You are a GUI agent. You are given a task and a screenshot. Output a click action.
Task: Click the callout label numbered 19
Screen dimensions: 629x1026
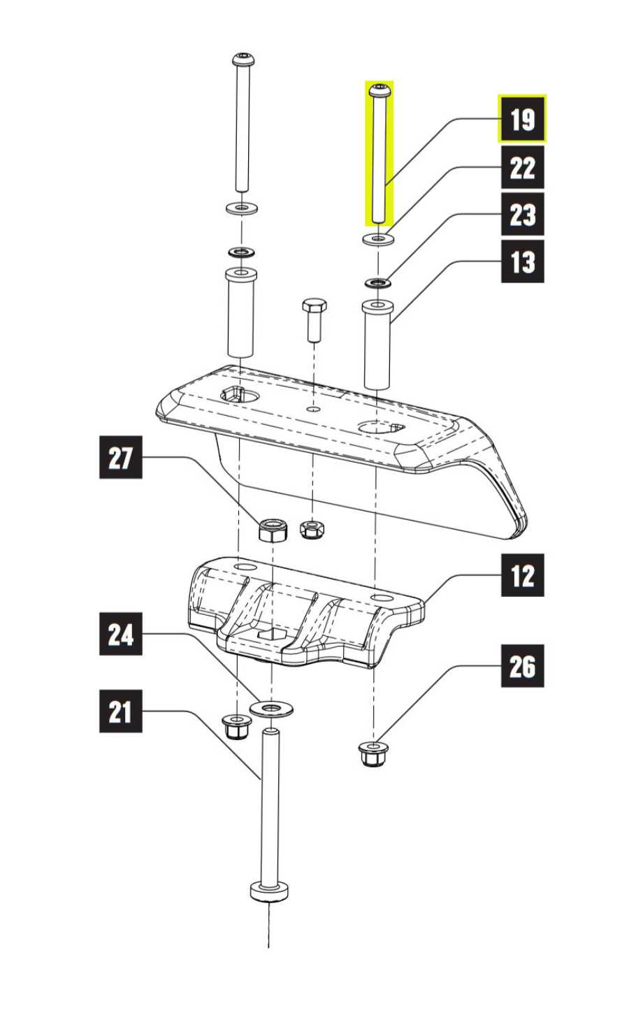(522, 119)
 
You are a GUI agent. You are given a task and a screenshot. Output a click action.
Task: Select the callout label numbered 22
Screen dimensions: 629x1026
(522, 168)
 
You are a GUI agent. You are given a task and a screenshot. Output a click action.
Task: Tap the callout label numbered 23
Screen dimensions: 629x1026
(522, 215)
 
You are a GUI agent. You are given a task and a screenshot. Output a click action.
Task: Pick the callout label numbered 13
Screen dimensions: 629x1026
(522, 261)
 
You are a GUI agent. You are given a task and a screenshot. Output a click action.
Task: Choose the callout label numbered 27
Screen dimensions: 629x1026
(120, 458)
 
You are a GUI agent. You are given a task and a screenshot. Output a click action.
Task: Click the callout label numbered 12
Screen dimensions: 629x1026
(522, 575)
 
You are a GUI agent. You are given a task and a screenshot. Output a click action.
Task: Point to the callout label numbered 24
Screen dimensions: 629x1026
(120, 634)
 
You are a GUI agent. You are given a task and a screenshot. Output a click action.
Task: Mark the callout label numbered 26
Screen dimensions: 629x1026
(522, 666)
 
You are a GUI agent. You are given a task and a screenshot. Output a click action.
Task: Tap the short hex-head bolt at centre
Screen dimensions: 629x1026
(314, 320)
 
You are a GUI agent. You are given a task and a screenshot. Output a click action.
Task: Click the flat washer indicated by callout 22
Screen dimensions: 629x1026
(378, 239)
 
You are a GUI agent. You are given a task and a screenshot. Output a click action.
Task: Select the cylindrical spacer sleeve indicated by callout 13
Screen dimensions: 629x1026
(377, 344)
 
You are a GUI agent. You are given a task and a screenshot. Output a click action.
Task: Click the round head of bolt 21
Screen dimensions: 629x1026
(269, 892)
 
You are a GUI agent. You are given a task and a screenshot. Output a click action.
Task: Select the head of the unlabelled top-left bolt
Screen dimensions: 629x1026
(243, 59)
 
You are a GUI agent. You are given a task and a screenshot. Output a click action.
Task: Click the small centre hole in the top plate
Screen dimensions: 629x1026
(313, 408)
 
